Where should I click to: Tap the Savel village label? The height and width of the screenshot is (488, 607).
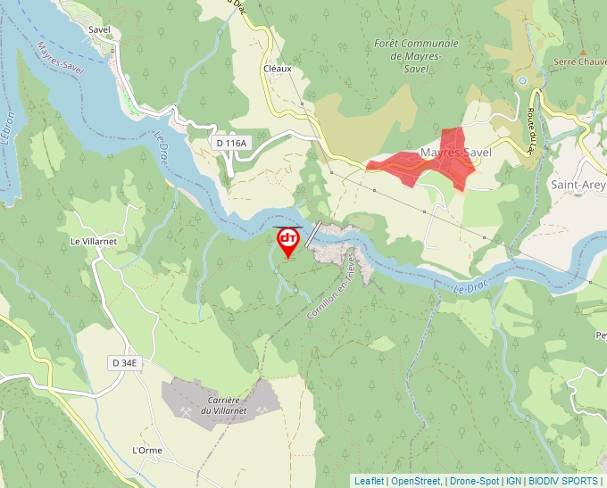pos(99,29)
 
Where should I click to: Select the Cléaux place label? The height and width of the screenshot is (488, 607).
pos(278,69)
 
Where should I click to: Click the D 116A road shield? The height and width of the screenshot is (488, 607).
pos(231,142)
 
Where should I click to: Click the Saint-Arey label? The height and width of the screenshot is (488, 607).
pos(578,186)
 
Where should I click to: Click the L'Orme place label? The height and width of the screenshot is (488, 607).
pos(147,451)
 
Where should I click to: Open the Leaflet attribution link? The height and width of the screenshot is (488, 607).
pos(369,481)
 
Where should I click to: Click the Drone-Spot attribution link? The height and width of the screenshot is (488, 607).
pos(473,481)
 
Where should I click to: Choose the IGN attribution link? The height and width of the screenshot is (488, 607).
pos(513,481)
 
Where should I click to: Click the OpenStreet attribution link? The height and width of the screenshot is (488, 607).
pos(415,481)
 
